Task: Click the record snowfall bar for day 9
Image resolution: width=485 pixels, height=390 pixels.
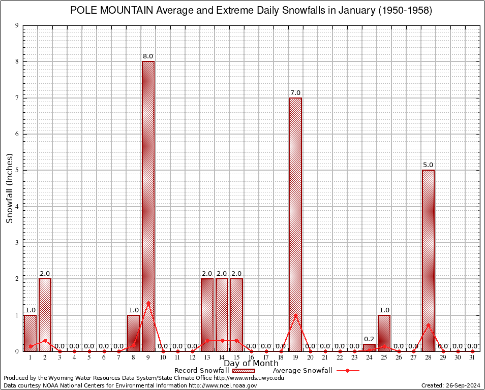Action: [148, 206]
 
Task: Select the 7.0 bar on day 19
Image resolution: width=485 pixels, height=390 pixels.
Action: [295, 223]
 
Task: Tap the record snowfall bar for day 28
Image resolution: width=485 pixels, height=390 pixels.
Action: [428, 260]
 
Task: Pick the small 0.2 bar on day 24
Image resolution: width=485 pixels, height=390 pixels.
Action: [369, 348]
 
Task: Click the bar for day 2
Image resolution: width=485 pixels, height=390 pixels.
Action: [45, 315]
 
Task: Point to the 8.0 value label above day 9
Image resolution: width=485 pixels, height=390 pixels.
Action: [148, 56]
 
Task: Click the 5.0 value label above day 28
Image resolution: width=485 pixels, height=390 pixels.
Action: [428, 165]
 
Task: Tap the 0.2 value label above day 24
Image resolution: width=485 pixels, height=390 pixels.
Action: [369, 339]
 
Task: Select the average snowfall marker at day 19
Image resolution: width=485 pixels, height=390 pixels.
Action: [295, 315]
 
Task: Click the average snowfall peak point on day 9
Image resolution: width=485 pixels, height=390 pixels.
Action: [148, 303]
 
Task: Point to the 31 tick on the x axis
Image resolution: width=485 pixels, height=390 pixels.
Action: [472, 357]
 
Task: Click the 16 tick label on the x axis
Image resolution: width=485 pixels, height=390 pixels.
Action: [251, 357]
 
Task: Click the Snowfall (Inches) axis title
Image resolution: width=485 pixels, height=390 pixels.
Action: [9, 188]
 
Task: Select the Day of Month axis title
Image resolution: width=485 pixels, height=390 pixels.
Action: [251, 364]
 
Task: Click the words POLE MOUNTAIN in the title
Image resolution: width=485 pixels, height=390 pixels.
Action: [111, 11]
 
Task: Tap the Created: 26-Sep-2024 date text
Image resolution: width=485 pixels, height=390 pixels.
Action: [450, 385]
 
